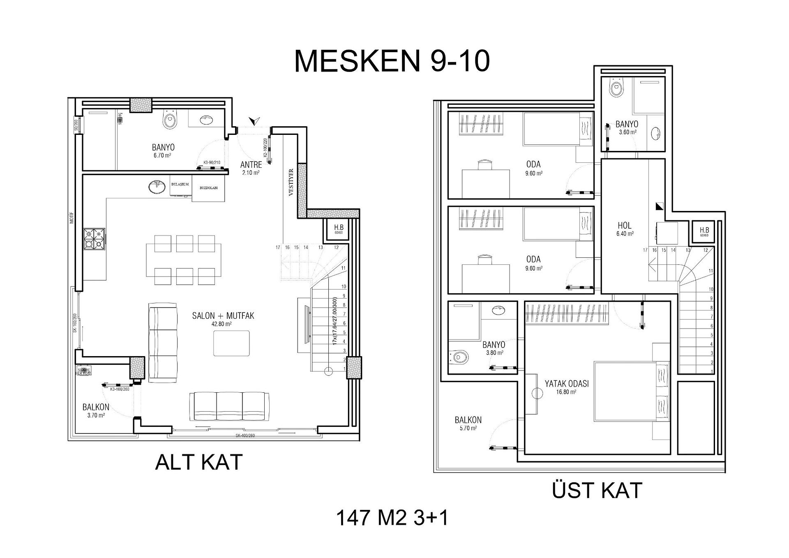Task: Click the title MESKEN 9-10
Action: (x=392, y=61)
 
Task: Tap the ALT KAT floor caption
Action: (x=199, y=462)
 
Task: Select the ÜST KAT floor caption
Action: (x=597, y=491)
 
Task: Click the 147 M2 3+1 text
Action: (x=392, y=518)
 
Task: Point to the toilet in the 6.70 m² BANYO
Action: (x=170, y=120)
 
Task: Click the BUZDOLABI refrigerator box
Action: (x=208, y=188)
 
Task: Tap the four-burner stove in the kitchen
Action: (x=94, y=239)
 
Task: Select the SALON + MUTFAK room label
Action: (x=223, y=316)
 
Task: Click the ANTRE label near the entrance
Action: (x=251, y=165)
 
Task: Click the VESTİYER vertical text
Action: (x=291, y=182)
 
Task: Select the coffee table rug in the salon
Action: (x=231, y=343)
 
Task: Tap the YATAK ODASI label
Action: (x=567, y=384)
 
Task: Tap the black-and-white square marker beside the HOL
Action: (x=660, y=206)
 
